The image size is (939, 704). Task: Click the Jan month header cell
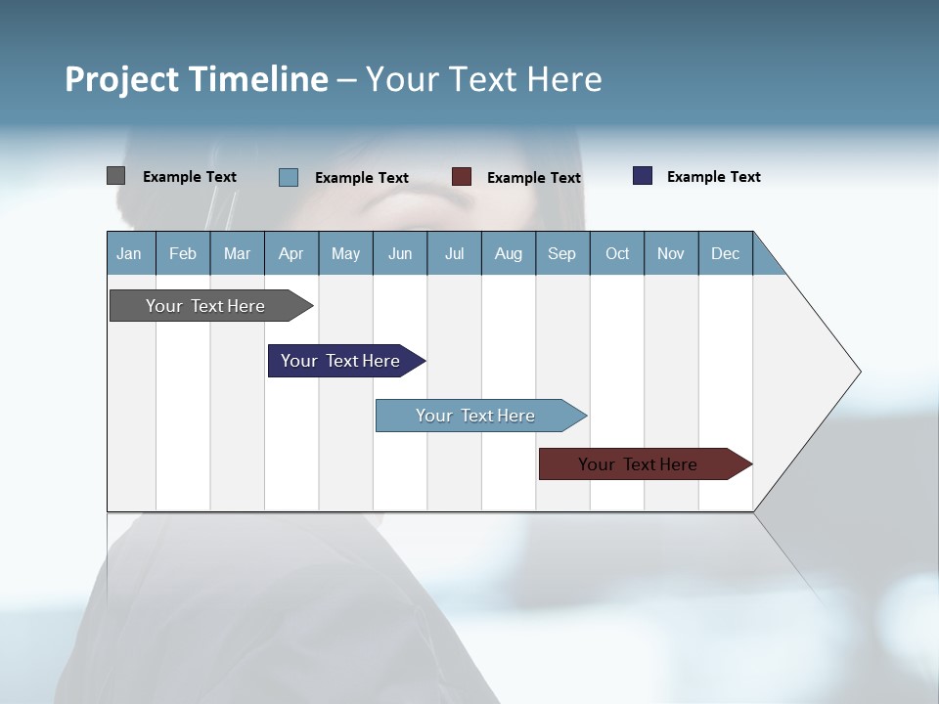coord(130,253)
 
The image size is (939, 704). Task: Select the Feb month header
coord(183,253)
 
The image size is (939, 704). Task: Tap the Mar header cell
coord(237,253)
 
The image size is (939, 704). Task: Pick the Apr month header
coord(291,253)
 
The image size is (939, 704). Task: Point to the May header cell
coord(345,253)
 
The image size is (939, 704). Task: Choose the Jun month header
coord(400,253)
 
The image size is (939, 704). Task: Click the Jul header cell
coord(454,253)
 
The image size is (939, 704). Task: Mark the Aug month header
coord(509,253)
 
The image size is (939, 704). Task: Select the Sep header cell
coord(562,253)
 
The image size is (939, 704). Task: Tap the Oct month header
coord(617,253)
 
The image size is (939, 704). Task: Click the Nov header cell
coord(671,253)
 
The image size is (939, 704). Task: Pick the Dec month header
coord(726,253)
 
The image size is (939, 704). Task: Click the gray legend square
coord(115,176)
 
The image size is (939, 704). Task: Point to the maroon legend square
coord(462,177)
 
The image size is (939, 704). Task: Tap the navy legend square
coord(643,176)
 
